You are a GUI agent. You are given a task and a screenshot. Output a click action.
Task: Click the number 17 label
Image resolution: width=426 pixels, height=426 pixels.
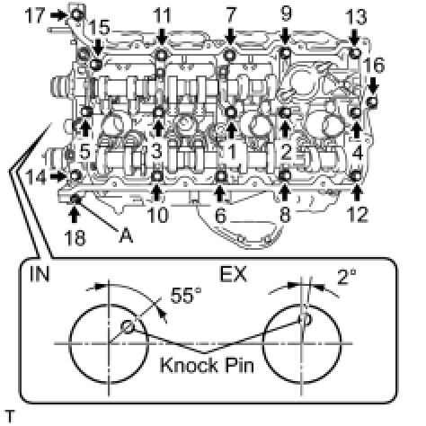tap(35, 16)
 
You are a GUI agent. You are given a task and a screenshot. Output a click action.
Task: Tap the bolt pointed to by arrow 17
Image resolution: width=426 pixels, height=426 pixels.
tap(77, 14)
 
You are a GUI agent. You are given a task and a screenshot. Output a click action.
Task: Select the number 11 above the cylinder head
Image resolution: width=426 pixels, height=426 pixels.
tap(163, 15)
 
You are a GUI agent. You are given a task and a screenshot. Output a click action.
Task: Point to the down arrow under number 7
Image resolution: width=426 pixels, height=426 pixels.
tap(230, 36)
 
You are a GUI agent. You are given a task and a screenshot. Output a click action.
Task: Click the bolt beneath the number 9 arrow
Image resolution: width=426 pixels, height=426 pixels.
tap(285, 53)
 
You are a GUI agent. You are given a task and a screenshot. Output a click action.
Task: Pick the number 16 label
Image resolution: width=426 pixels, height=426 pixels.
tap(374, 65)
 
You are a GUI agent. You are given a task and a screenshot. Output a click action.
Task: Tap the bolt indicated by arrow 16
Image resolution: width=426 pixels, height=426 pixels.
tap(372, 102)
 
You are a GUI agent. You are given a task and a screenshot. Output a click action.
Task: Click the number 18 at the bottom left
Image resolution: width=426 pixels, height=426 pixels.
tap(75, 238)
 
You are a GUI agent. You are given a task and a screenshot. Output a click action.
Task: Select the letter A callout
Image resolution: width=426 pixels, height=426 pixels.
tap(126, 235)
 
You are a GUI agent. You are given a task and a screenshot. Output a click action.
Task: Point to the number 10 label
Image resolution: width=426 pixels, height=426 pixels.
tap(158, 215)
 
